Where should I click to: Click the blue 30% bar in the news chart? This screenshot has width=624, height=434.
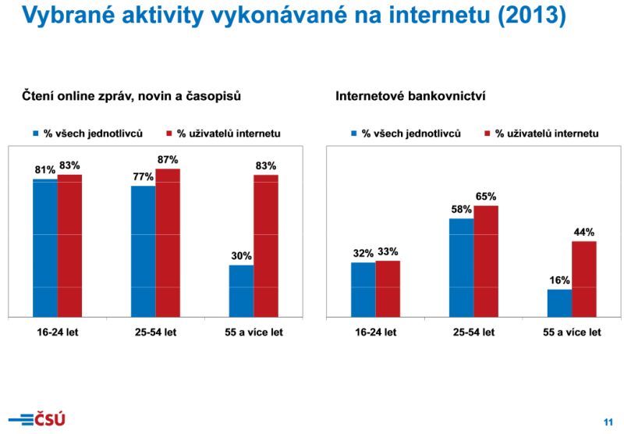click(x=241, y=290)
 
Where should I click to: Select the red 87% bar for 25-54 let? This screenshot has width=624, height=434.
click(x=168, y=243)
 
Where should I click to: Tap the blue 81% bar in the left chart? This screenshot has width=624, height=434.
click(x=44, y=247)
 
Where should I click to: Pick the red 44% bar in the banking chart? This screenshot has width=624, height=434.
click(x=584, y=279)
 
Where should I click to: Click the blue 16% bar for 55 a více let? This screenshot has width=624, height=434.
click(x=559, y=303)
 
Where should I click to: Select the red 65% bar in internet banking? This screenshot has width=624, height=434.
click(x=486, y=261)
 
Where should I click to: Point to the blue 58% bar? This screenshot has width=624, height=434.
click(x=461, y=267)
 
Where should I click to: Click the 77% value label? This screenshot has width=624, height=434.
click(x=143, y=177)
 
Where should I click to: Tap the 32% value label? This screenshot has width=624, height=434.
click(x=363, y=253)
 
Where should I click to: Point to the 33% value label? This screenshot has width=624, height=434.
click(x=388, y=251)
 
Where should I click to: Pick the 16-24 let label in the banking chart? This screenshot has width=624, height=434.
click(x=375, y=332)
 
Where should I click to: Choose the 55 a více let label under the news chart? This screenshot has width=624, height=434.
click(x=253, y=332)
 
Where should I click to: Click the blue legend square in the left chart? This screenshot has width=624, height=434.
click(x=35, y=133)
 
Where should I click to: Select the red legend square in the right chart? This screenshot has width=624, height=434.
click(x=488, y=133)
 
